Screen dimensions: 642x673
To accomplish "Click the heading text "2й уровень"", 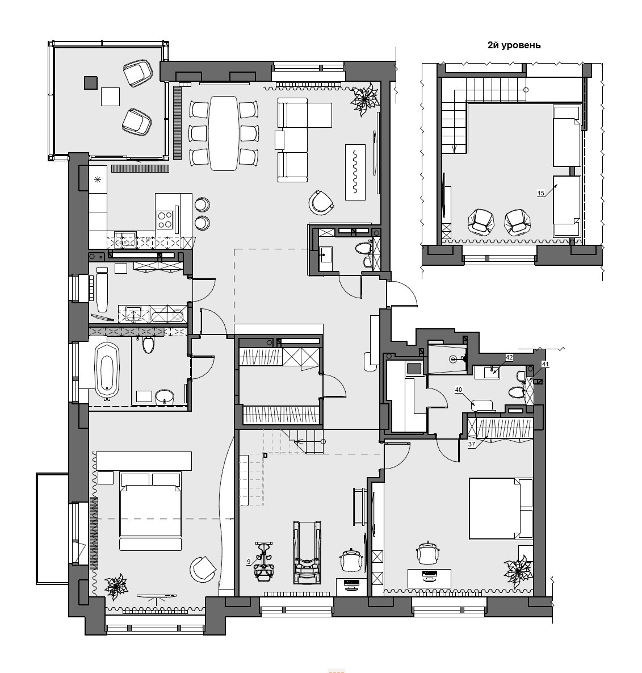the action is click(x=514, y=45).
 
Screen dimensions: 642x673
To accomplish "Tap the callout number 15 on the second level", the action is click(x=541, y=193).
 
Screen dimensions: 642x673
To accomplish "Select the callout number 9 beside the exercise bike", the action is click(x=249, y=562).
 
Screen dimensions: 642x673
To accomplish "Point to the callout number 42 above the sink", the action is click(x=509, y=357).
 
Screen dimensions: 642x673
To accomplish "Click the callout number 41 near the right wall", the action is click(x=545, y=364).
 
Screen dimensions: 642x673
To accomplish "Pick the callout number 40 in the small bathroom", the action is click(x=459, y=390).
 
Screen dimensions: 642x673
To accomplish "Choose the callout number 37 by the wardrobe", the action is click(x=471, y=444).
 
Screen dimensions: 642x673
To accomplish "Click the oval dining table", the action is click(x=224, y=133).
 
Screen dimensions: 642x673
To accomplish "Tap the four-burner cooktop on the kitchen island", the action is click(x=165, y=219).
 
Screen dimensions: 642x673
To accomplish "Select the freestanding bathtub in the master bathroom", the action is click(x=107, y=370).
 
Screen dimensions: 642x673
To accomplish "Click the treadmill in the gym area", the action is click(x=307, y=553).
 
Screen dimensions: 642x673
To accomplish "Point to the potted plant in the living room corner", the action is click(x=364, y=99).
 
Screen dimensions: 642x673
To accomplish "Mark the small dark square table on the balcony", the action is click(x=91, y=82).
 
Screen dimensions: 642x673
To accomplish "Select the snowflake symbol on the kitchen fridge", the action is click(x=98, y=179).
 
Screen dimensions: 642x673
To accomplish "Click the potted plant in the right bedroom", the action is click(x=518, y=571).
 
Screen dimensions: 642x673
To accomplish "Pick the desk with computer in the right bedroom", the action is click(x=429, y=578).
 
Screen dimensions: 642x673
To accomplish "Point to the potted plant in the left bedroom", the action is click(x=116, y=586).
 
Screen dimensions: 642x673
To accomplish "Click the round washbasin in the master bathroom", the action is click(x=164, y=396).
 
